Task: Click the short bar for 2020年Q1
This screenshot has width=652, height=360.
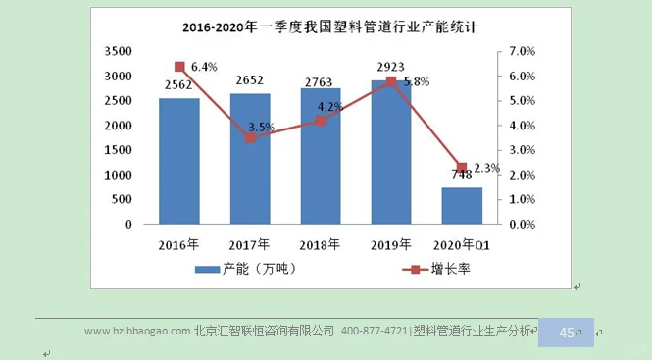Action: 462,206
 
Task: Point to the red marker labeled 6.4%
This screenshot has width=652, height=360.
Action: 179,67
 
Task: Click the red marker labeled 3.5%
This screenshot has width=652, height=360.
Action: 250,138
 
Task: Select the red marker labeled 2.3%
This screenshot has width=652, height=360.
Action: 462,168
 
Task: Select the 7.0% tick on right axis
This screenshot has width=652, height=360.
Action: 521,51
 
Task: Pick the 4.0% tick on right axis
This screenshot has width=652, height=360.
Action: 521,126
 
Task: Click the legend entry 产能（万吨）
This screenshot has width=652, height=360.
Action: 245,269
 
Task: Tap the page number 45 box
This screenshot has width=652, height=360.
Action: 567,333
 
